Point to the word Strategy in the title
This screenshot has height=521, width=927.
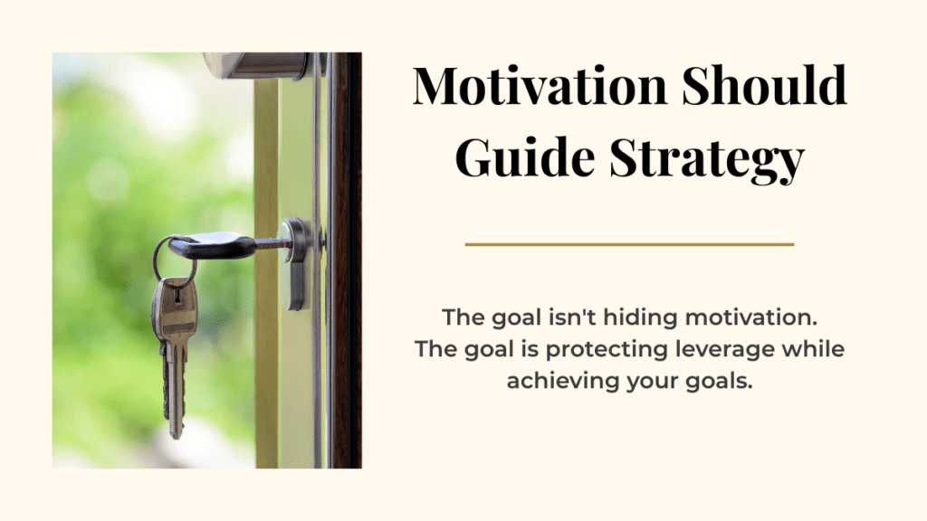706,159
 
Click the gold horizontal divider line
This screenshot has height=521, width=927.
629,244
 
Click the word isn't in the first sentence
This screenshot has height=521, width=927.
572,317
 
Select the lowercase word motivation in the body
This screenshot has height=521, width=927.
750,317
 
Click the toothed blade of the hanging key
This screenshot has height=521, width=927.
175,389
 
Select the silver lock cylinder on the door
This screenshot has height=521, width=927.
297,263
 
